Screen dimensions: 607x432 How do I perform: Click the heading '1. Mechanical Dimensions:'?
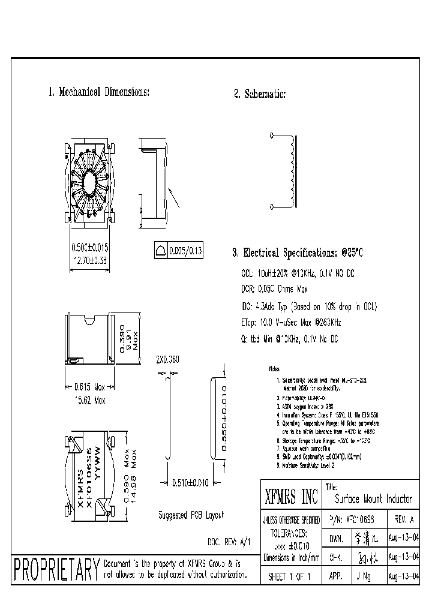coord(98,92)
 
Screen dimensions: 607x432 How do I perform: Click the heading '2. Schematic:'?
coord(259,94)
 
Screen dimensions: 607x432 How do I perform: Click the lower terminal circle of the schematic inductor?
coord(273,207)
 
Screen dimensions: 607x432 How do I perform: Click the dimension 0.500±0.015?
coord(86,247)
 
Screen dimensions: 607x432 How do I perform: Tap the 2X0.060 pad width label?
coord(167,360)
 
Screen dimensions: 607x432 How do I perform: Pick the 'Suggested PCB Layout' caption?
coord(191,515)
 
